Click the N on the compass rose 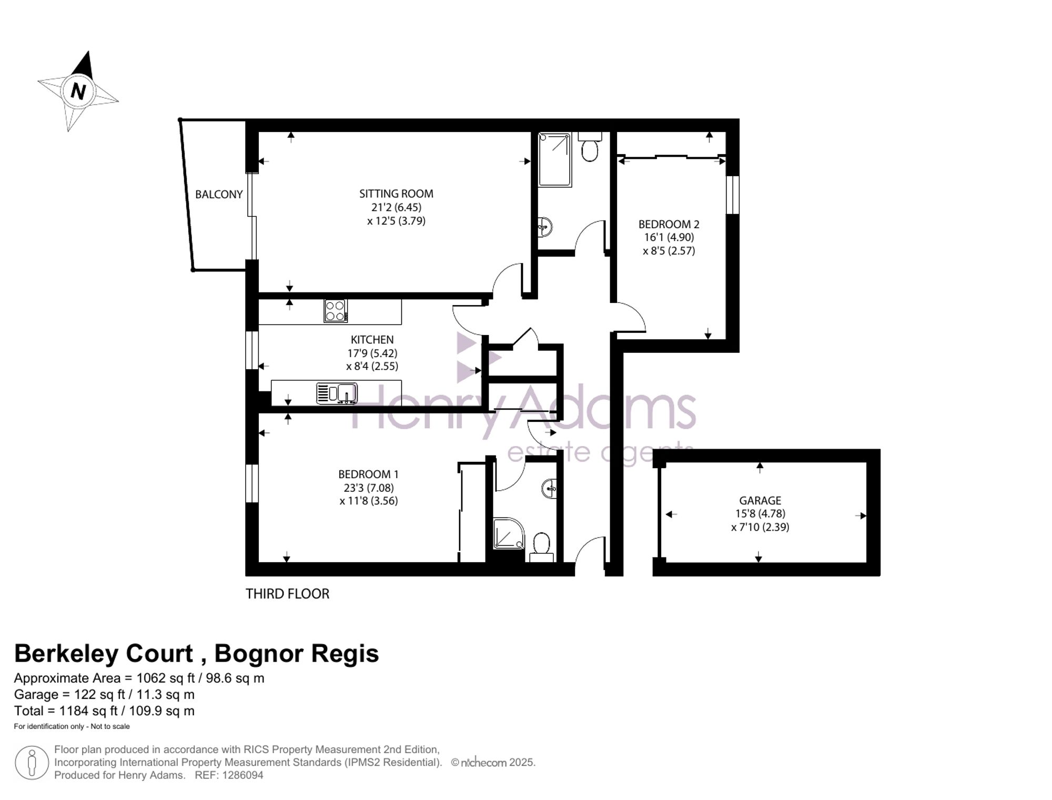[x=78, y=92]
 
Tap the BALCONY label [x=219, y=195]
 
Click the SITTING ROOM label [x=396, y=194]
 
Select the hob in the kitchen [x=335, y=310]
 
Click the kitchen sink [x=337, y=393]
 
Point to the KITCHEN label [x=372, y=340]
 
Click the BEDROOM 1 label [x=368, y=474]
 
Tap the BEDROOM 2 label [x=669, y=224]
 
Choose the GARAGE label [x=760, y=501]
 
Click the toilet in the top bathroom [x=590, y=147]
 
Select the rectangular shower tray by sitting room [x=555, y=160]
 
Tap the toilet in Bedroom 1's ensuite [x=541, y=547]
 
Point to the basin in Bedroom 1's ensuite [x=549, y=489]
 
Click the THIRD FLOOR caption [x=287, y=594]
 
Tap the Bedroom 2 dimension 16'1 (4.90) [x=669, y=237]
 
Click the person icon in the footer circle [x=32, y=763]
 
